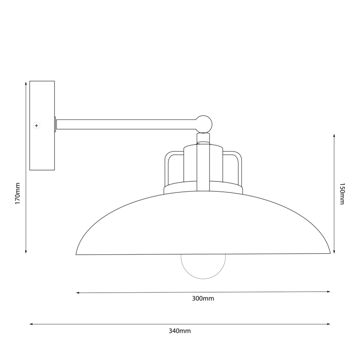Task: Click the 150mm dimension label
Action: coord(342,193)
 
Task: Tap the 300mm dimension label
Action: coord(203,299)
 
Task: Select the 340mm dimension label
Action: coord(180,331)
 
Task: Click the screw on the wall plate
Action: coord(36,125)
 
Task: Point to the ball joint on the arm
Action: coord(204,124)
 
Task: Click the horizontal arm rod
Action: coord(124,124)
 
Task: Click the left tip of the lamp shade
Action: coord(77,253)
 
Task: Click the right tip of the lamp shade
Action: coord(329,252)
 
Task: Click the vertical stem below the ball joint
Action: coord(203,166)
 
